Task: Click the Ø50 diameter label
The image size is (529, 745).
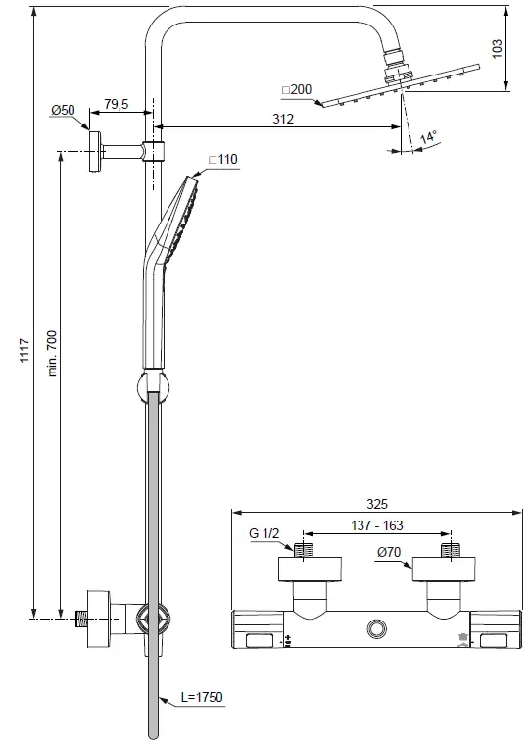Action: pos(64,111)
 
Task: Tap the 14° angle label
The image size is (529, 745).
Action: pos(427,139)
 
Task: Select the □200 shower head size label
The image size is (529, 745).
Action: pos(296,90)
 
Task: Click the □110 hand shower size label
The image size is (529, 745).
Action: pos(223,159)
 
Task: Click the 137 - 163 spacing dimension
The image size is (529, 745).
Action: pos(376,527)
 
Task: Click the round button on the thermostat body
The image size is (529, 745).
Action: pos(375,627)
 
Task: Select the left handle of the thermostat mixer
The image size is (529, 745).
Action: pos(258,628)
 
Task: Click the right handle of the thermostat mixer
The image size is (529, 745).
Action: pos(496,628)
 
